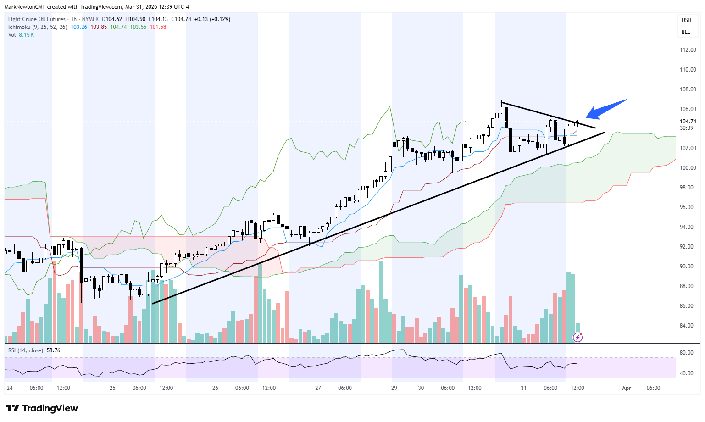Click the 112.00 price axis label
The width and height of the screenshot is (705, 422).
[x=688, y=50]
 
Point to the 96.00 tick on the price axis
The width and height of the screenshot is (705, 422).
[x=688, y=207]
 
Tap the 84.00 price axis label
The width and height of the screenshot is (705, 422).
[x=688, y=326]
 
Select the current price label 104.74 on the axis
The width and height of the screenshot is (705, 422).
[x=688, y=122]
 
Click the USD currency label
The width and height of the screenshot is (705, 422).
[x=686, y=20]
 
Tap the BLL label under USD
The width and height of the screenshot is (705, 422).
[x=686, y=32]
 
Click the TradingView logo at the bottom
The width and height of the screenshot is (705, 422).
[x=42, y=408]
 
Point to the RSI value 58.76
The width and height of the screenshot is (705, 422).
[x=53, y=350]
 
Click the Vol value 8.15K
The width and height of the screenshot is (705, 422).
[x=26, y=35]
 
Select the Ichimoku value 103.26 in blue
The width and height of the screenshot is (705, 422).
[x=79, y=27]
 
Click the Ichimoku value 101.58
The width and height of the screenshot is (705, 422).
[x=158, y=27]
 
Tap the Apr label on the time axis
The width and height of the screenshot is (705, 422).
[x=627, y=388]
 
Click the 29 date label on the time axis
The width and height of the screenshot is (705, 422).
[x=394, y=388]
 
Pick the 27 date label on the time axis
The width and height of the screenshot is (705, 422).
[x=318, y=388]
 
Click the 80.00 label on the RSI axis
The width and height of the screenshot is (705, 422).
[x=686, y=353]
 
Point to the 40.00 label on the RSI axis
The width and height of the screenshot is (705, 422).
[x=686, y=373]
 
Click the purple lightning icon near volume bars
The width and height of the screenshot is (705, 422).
[x=578, y=338]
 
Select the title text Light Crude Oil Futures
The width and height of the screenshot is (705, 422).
[x=37, y=19]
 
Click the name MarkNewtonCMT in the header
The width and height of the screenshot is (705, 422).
[x=25, y=7]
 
